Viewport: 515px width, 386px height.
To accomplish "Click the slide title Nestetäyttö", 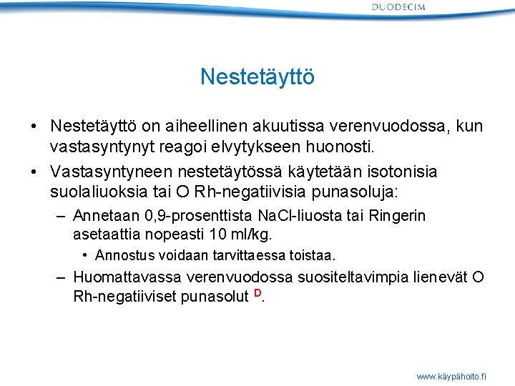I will pyautogui.click(x=257, y=76).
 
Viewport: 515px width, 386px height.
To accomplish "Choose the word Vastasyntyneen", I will pyautogui.click(x=108, y=172).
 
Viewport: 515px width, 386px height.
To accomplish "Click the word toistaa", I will pyautogui.click(x=315, y=255).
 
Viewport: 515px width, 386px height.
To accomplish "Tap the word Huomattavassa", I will pyautogui.click(x=128, y=277).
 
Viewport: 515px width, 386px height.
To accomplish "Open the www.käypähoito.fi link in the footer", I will pyautogui.click(x=451, y=375).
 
